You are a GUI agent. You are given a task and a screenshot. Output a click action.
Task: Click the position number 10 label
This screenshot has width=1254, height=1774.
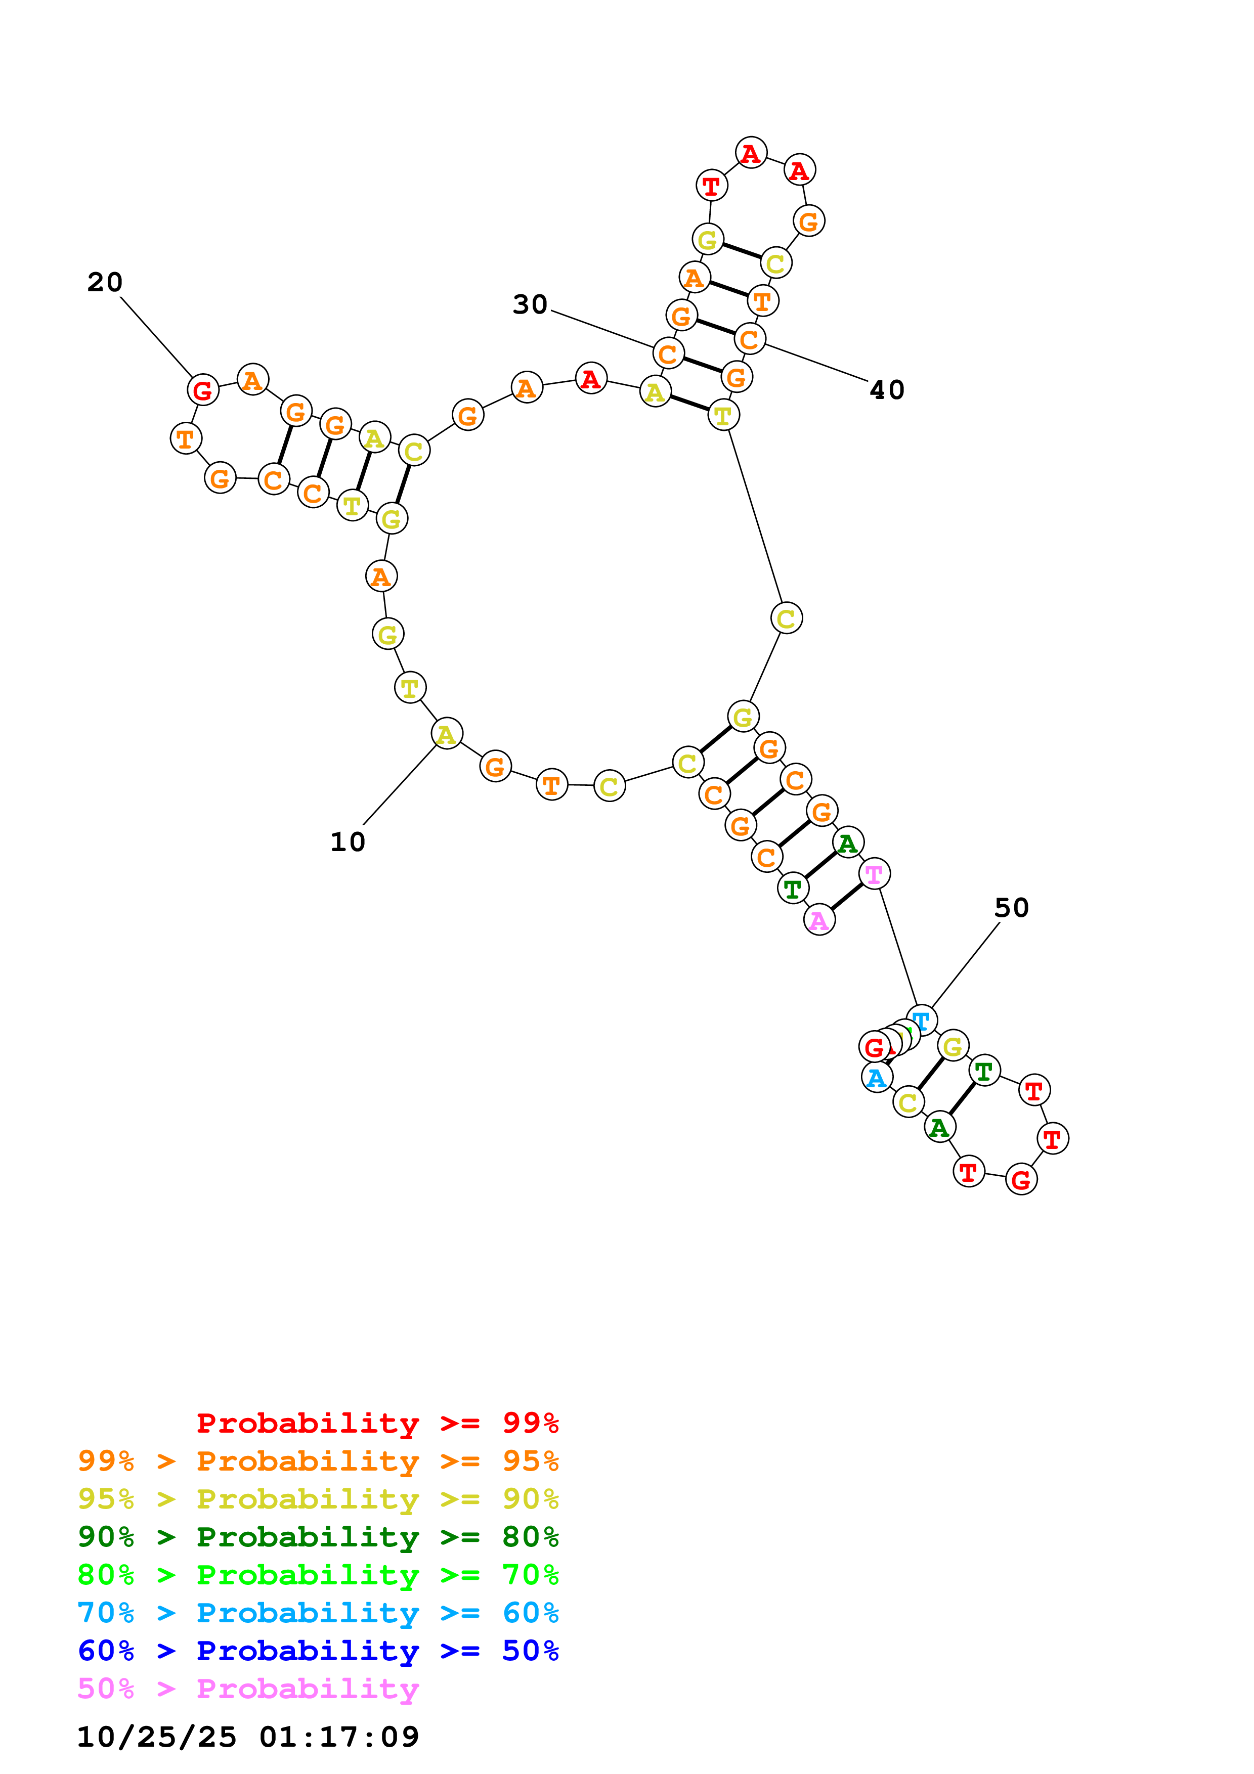347,841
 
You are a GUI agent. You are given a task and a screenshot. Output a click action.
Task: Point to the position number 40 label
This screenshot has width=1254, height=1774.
886,389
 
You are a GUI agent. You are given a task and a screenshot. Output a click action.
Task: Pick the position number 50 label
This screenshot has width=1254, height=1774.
1011,907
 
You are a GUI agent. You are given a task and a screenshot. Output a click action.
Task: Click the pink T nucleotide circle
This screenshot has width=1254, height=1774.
874,874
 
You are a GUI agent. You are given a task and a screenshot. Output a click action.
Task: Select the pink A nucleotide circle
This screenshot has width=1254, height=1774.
819,919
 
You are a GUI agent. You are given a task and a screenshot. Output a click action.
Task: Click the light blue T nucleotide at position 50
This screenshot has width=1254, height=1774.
921,1020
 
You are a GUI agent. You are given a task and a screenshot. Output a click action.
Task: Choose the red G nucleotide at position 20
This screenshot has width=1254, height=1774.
202,390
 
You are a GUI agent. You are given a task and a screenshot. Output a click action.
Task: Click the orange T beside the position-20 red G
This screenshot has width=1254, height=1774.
186,438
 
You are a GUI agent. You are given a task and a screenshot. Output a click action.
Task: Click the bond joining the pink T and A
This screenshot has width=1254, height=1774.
847,896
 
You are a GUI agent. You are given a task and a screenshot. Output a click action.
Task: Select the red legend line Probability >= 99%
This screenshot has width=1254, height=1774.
377,1423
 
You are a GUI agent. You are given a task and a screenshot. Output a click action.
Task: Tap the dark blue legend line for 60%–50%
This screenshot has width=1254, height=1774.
318,1651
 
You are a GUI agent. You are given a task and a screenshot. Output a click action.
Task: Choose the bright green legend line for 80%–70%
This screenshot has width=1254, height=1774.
318,1575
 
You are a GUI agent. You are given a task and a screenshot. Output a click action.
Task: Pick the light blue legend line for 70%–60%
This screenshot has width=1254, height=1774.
318,1613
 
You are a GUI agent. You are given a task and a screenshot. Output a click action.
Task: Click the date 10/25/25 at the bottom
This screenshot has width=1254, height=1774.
156,1737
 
